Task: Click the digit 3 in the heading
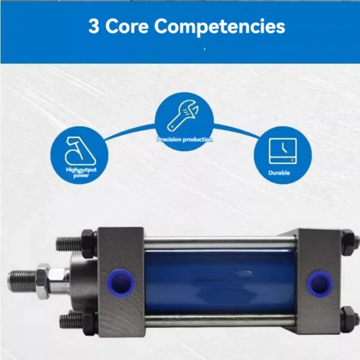coord(94,27)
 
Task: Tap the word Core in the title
coord(127,27)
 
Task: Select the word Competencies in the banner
coord(220,27)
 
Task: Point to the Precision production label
coord(184,139)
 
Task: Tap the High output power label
coord(81,172)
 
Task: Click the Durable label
coord(279,173)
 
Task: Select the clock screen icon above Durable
coord(283,151)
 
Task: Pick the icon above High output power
coord(80,151)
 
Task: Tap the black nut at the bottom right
coord(348,319)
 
